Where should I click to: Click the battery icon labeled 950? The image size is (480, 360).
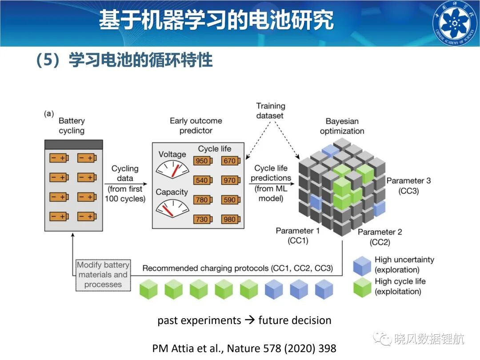point(203,161)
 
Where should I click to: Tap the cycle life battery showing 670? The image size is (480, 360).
point(231,161)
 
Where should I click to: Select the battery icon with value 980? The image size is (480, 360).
point(231,219)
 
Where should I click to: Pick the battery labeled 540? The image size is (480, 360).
point(203,180)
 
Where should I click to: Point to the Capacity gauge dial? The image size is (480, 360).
point(172,208)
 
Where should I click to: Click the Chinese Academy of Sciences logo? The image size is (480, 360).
point(455,23)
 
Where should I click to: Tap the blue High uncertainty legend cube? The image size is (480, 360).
point(362,266)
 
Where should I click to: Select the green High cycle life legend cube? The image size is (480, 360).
point(362,288)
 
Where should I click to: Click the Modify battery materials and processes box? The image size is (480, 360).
point(103,275)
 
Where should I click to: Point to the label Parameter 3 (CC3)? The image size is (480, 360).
point(408,186)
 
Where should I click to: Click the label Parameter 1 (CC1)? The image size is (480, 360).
point(297,236)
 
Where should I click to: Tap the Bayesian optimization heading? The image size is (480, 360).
point(342,126)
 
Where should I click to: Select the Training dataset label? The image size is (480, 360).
point(270,111)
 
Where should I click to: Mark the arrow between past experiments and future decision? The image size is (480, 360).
point(250,320)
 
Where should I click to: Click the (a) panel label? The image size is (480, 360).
point(49,114)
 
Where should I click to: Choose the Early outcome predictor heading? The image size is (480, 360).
point(196,125)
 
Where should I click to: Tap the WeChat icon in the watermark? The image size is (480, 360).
point(382,339)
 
